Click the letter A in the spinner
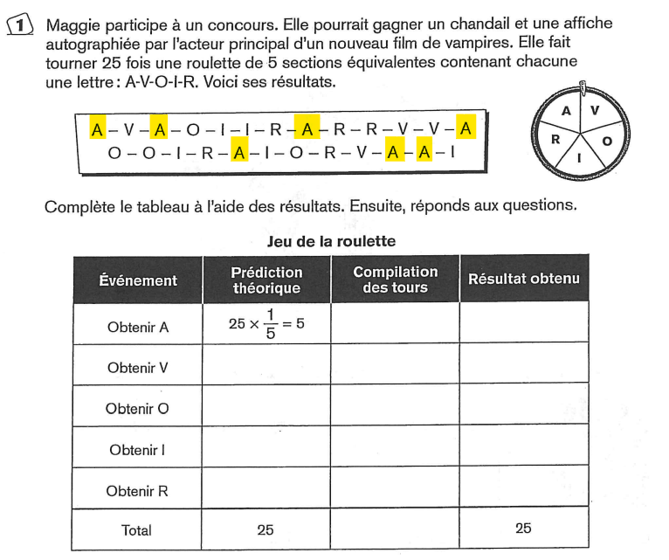coord(566,111)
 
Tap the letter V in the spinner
coord(596,110)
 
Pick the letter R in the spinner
coord(555,138)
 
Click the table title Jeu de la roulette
coord(331,241)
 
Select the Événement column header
coord(138,280)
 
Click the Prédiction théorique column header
coord(266,280)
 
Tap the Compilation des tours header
coord(395,280)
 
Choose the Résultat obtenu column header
coord(523,280)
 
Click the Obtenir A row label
coord(138,328)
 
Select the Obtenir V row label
coord(138,368)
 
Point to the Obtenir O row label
coord(138,409)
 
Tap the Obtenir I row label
coord(138,450)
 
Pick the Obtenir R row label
coord(138,491)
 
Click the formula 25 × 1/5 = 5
coord(266,324)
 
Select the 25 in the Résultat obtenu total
coord(523,528)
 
